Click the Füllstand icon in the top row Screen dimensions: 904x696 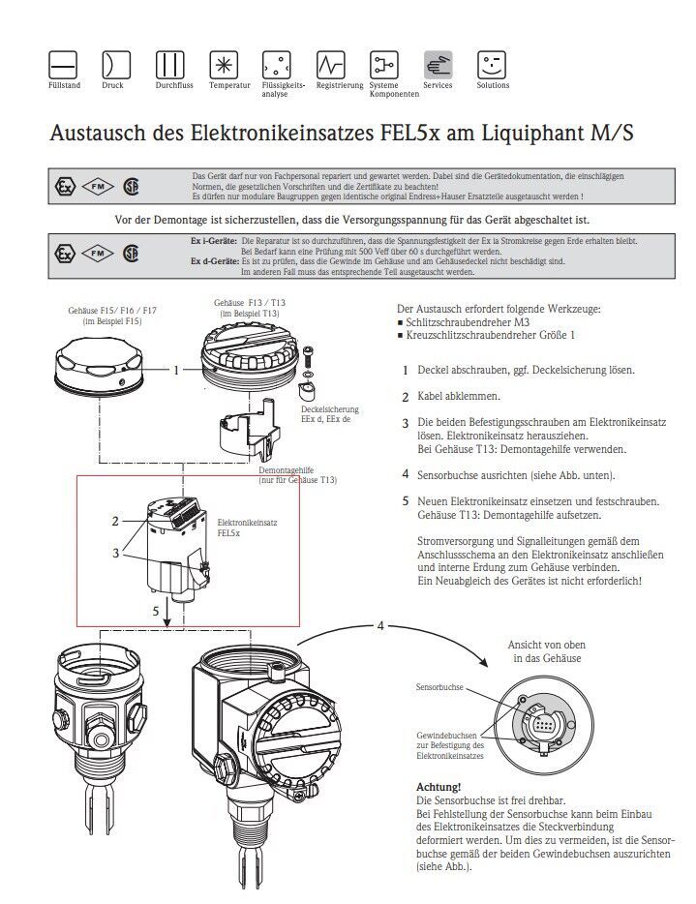pyautogui.click(x=63, y=65)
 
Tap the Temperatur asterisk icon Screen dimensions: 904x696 pyautogui.click(x=224, y=65)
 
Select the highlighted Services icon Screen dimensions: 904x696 pyautogui.click(x=438, y=65)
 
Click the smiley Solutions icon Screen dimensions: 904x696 pyautogui.click(x=492, y=65)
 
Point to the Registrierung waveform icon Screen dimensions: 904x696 pyautogui.click(x=331, y=65)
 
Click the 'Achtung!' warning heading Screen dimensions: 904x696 pyautogui.click(x=438, y=788)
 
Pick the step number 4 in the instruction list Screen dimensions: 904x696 pyautogui.click(x=406, y=474)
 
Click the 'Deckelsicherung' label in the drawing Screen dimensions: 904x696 pyautogui.click(x=331, y=410)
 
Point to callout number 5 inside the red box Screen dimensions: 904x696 pyautogui.click(x=155, y=611)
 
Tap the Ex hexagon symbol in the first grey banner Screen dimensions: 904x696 pyautogui.click(x=65, y=184)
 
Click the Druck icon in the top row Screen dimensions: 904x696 pyautogui.click(x=116, y=65)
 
